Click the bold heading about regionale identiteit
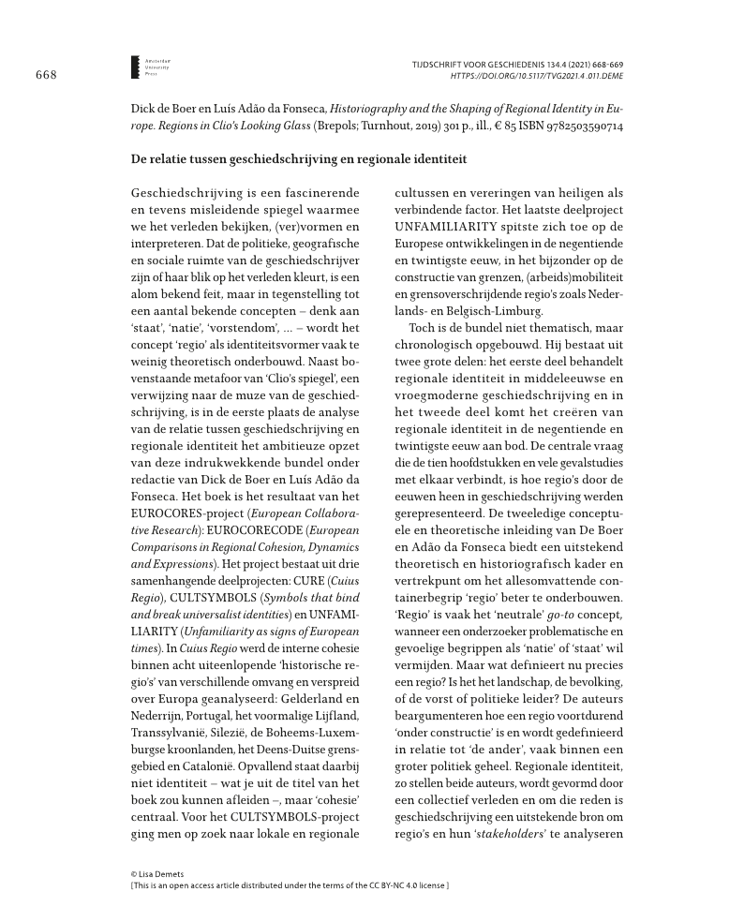[x=298, y=162]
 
